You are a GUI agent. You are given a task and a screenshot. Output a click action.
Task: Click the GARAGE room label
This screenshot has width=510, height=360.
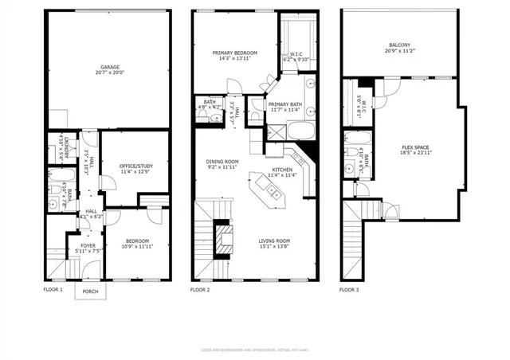point(110,67)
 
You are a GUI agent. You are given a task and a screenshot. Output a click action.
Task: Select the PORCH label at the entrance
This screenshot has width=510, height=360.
point(91,292)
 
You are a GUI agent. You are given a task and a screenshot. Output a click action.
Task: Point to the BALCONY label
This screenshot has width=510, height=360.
point(400,45)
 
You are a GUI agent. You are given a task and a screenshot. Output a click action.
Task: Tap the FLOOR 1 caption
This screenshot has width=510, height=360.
point(53,290)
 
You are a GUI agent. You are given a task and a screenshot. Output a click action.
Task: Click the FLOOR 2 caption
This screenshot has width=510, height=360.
point(200,290)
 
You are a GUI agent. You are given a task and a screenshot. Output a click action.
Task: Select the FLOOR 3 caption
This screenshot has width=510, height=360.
point(348,290)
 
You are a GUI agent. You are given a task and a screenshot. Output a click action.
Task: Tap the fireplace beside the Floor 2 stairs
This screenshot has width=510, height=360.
point(226,237)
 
